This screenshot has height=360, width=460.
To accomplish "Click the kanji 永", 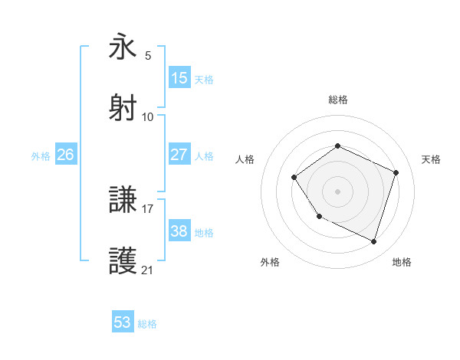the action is click(123, 47).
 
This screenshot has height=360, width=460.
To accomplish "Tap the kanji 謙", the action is click(123, 201).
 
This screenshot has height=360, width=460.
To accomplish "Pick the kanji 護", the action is click(123, 261).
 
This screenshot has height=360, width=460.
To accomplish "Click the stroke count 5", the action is click(148, 56).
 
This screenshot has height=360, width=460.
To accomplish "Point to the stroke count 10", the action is click(148, 116).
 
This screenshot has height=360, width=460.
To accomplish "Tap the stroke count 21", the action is click(148, 270).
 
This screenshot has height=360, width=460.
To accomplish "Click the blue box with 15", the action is click(179, 78).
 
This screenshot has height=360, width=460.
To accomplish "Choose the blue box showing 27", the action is click(179, 154).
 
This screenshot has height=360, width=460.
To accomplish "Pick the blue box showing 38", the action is click(179, 231).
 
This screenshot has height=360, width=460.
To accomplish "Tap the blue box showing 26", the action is click(65, 155).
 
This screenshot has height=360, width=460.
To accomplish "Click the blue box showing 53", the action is click(123, 322).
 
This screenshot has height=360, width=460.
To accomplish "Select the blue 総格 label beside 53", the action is click(148, 324).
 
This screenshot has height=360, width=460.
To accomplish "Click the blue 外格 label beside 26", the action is click(41, 156).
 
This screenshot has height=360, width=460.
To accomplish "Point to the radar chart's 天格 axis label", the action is click(431, 159).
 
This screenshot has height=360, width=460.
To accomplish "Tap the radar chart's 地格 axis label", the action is click(402, 262).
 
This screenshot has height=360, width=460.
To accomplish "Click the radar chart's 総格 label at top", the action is click(337, 100).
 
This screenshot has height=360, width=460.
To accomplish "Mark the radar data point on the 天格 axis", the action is click(396, 172).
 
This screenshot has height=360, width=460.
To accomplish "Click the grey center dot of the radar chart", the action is click(337, 191).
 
